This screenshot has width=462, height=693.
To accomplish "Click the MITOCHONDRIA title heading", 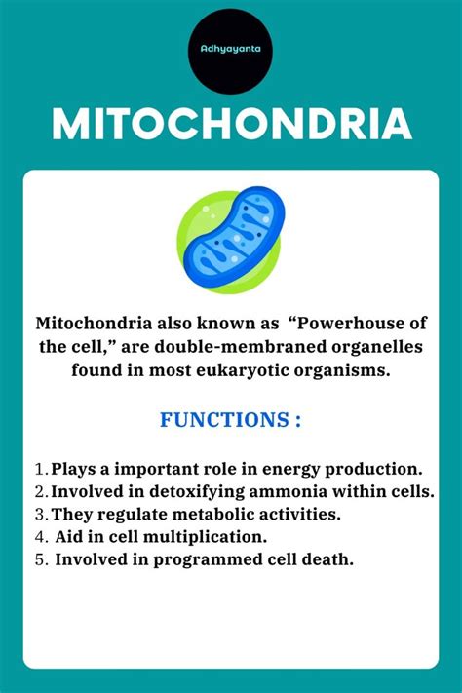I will [x=231, y=125].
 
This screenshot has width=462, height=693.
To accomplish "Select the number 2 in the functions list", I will [x=39, y=490].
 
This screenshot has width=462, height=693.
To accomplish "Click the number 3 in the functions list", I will [x=39, y=514].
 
